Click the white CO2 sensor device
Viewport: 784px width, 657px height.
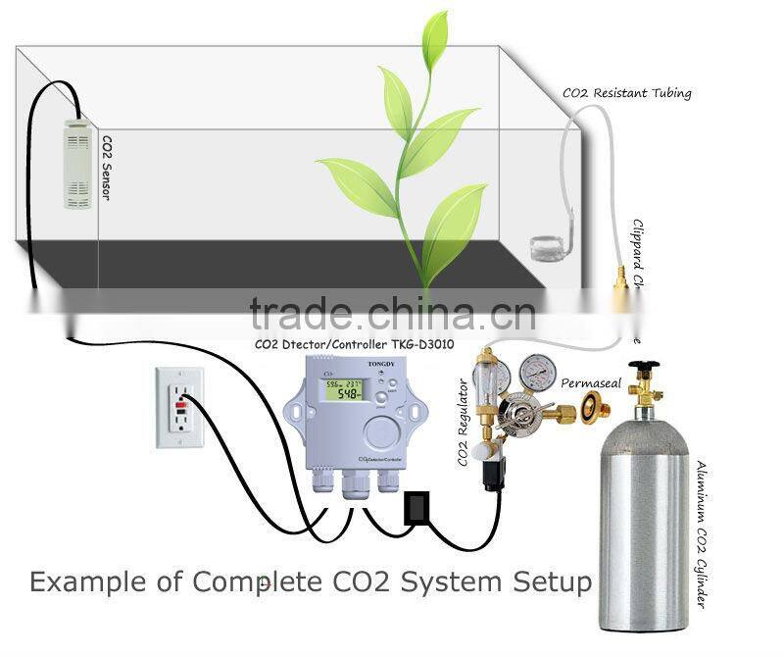pos(77,164)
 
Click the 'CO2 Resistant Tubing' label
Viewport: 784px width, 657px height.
pos(626,93)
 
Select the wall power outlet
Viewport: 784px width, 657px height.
pos(179,407)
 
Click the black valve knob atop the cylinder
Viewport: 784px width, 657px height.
pos(643,370)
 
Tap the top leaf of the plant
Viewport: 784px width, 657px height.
pos(434,36)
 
